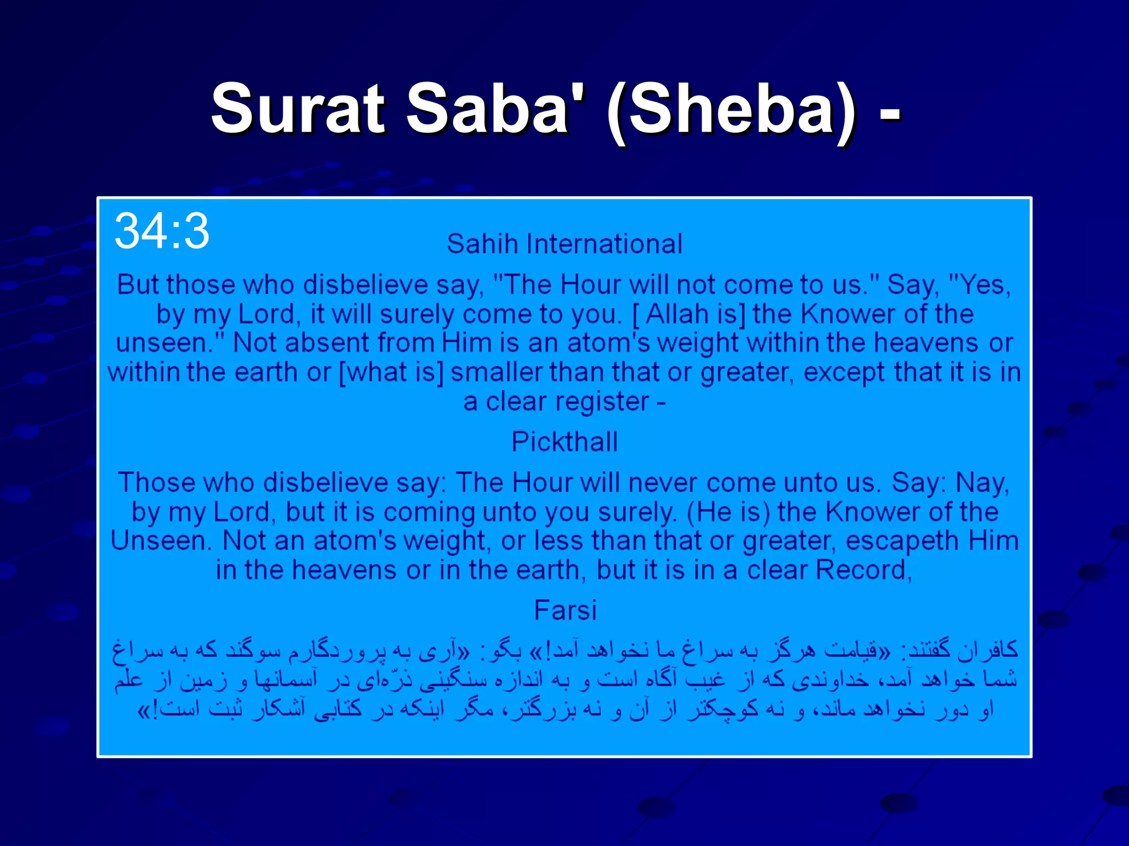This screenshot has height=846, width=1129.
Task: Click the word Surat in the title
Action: coord(298,109)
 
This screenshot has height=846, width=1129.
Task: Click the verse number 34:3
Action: coord(162,231)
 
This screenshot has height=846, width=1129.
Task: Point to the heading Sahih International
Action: coord(564,244)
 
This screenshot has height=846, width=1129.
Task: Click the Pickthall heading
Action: coord(564,442)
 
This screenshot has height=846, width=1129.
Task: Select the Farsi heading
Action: coord(565,610)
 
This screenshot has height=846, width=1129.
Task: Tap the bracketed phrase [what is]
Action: coord(391,372)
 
